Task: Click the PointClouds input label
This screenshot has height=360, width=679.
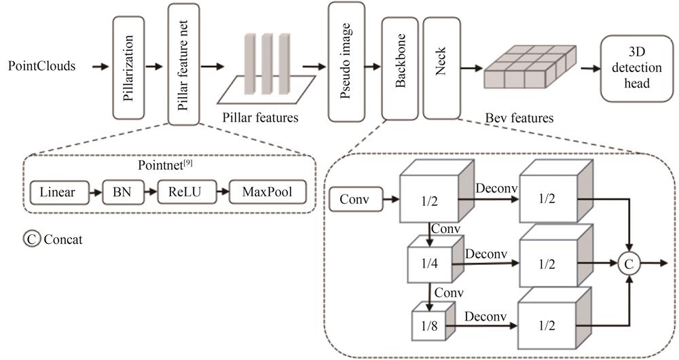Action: pos(41,67)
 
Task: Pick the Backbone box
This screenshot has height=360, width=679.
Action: pos(399,69)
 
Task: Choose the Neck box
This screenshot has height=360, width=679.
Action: pos(441,69)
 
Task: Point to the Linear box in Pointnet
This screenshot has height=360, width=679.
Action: pos(57,193)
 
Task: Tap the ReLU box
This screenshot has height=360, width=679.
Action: pos(181,193)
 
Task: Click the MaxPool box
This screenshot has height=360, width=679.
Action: pos(268,193)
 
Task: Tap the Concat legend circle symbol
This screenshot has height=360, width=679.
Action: pos(31,239)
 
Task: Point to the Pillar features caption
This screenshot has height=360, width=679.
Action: pos(261,117)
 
